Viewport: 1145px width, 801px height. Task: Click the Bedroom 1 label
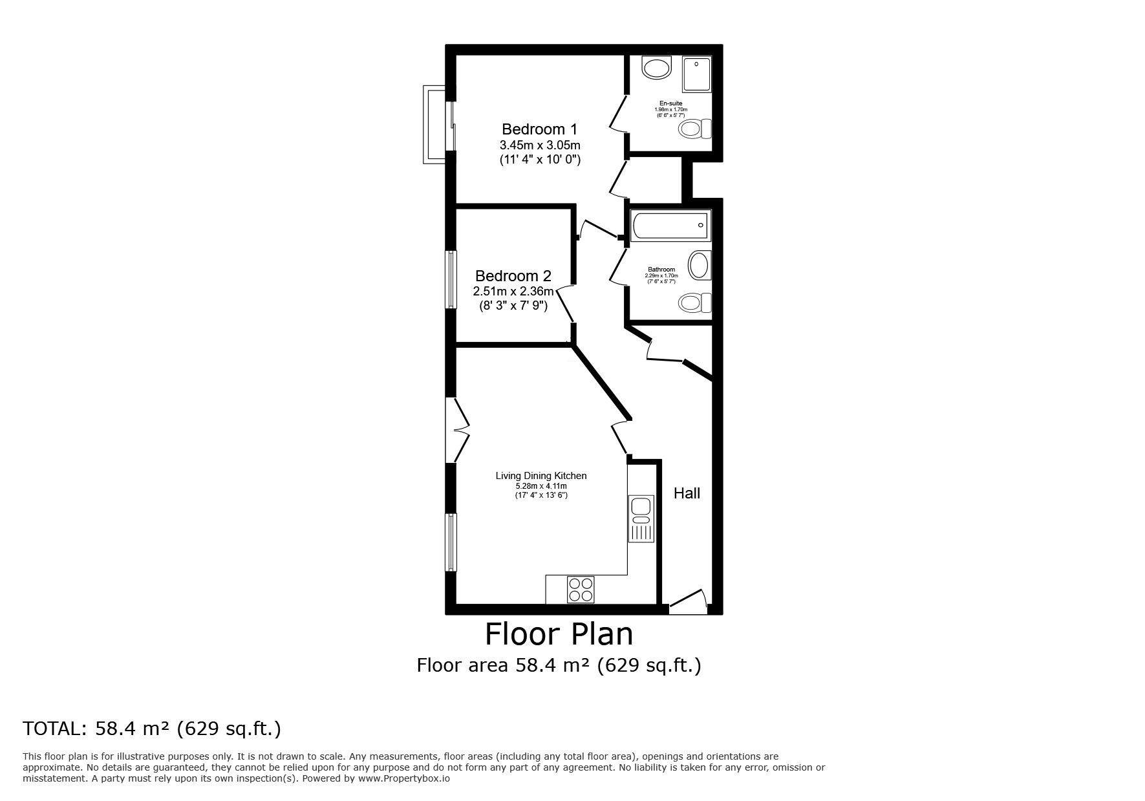tap(539, 129)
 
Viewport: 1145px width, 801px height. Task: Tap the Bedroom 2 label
tap(513, 276)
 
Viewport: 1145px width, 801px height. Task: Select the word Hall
tap(687, 493)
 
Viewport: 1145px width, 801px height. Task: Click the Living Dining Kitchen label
tap(541, 476)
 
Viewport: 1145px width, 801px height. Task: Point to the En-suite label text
tap(670, 103)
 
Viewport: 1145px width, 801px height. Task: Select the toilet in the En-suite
tap(695, 129)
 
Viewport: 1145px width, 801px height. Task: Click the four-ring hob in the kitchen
tap(580, 589)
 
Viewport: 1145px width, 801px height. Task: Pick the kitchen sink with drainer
tap(641, 519)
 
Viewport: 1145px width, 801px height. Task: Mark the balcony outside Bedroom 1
tap(433, 125)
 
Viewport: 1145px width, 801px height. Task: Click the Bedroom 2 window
tap(451, 279)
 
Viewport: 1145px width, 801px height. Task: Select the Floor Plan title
tap(559, 634)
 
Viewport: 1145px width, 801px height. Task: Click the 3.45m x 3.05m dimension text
tap(540, 145)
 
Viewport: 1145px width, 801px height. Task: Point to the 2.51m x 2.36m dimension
tap(513, 292)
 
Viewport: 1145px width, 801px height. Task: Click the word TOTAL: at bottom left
tap(55, 729)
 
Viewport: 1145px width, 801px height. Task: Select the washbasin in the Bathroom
tap(698, 266)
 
